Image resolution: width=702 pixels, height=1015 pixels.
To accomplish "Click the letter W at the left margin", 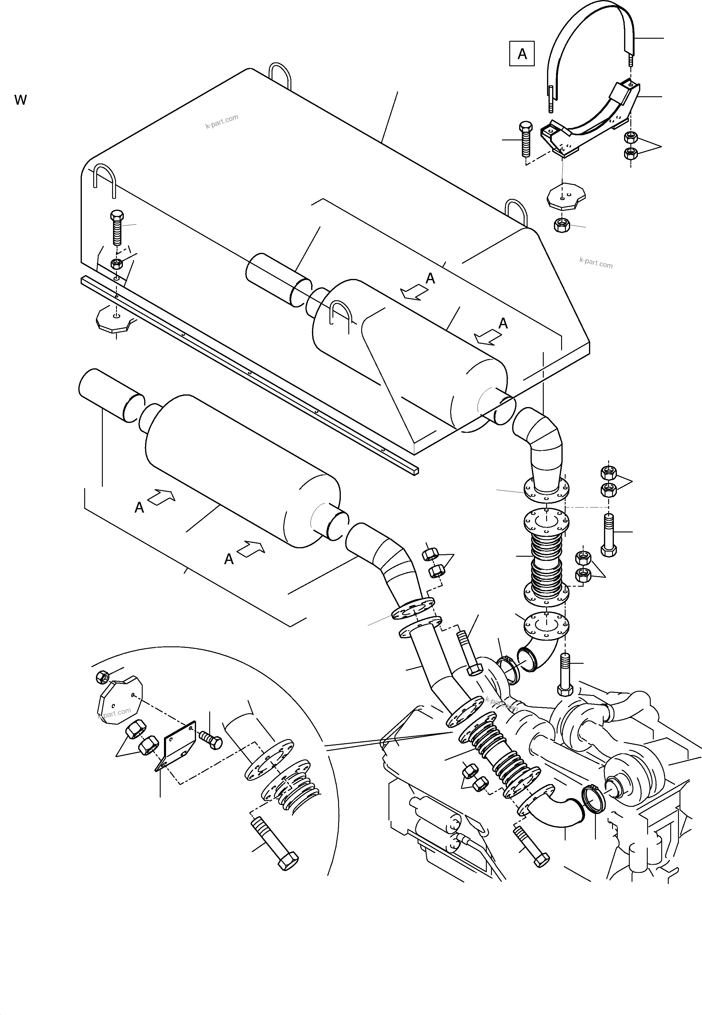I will [x=20, y=100].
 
